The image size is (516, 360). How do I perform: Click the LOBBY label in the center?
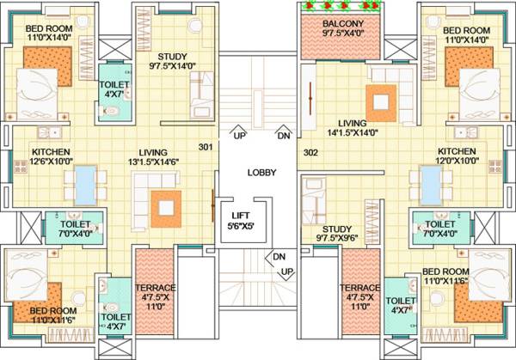261,173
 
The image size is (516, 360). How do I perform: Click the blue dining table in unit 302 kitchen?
430,183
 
